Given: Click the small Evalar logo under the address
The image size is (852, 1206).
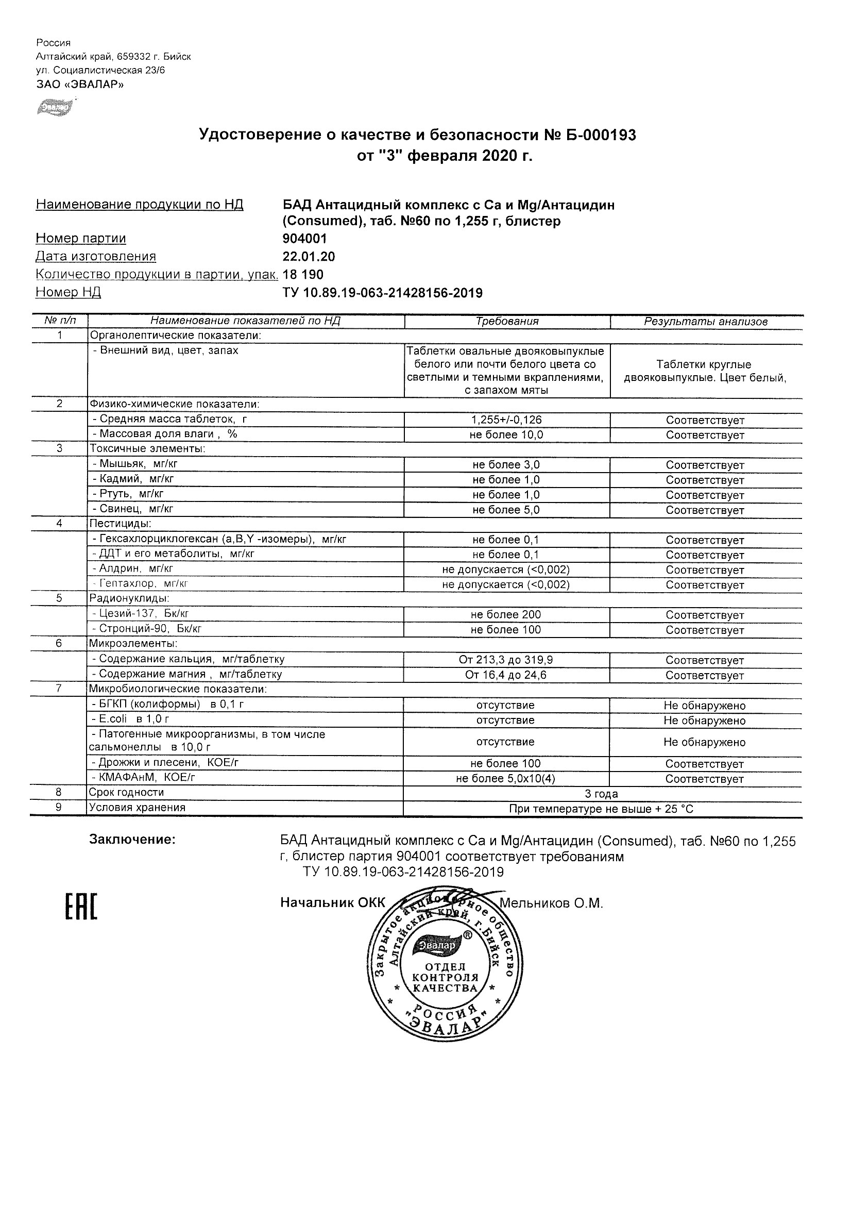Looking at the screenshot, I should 54,107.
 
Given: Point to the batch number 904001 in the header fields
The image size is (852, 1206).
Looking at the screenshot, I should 304,239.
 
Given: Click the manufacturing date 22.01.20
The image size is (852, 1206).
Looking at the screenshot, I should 309,257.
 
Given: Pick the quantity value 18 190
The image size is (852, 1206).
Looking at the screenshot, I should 303,275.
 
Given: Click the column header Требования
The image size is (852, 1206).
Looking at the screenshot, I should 506,322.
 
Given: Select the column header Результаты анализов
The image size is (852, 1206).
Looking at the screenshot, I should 706,322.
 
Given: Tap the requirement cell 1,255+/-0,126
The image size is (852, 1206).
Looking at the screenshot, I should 506,420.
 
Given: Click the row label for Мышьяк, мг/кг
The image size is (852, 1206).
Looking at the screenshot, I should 138,464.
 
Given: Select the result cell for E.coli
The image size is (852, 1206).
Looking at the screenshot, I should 705,721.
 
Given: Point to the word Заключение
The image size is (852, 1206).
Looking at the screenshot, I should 132,840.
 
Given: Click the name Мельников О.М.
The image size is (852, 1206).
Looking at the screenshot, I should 551,903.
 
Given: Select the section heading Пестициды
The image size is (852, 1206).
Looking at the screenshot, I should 121,524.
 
